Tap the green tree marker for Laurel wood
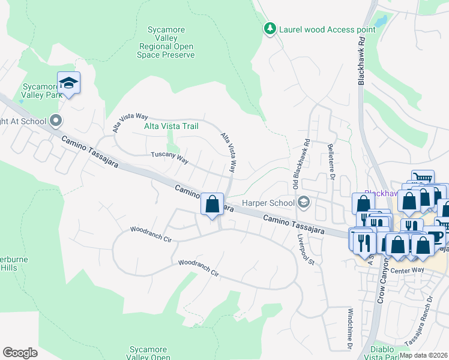click(270, 29)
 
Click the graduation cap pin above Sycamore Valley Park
click(69, 83)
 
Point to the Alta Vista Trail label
click(171, 126)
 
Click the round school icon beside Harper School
click(303, 202)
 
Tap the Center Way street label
click(408, 271)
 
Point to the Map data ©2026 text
click(423, 355)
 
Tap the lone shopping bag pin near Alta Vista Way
click(212, 204)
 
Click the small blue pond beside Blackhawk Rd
click(381, 22)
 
